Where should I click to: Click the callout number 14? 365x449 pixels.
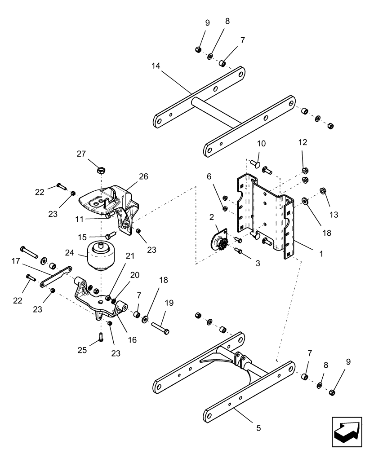[156, 66]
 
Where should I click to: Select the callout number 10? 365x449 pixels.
[261, 144]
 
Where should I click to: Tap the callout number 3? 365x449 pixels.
[258, 264]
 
